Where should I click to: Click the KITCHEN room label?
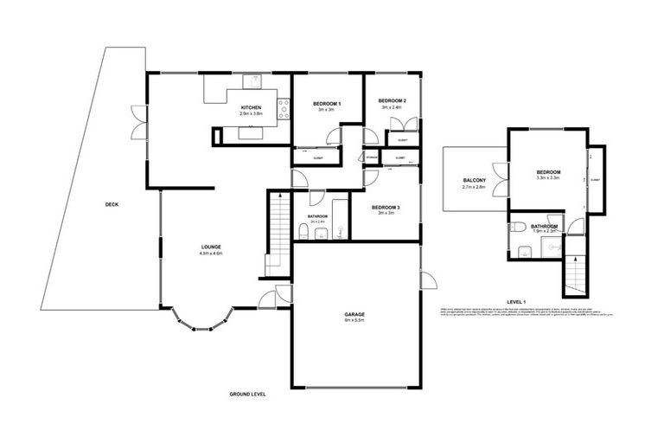pyautogui.click(x=251, y=107)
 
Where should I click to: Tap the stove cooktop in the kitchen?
pyautogui.click(x=282, y=108)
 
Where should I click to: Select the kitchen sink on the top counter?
pyautogui.click(x=257, y=81)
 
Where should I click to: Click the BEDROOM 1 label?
pyautogui.click(x=326, y=104)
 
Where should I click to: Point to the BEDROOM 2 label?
pyautogui.click(x=392, y=101)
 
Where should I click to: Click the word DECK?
pyautogui.click(x=111, y=205)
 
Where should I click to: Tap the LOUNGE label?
pyautogui.click(x=211, y=247)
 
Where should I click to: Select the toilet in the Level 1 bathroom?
pyautogui.click(x=518, y=227)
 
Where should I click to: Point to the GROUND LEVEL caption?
pyautogui.click(x=247, y=394)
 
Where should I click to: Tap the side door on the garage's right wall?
pyautogui.click(x=427, y=281)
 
